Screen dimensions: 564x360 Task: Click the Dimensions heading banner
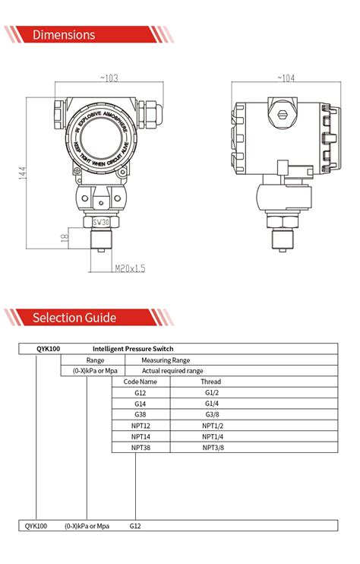click(65, 35)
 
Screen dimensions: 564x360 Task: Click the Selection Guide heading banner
click(74, 317)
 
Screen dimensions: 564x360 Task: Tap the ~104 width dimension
click(286, 78)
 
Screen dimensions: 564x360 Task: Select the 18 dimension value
click(65, 239)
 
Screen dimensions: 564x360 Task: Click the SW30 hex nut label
click(100, 222)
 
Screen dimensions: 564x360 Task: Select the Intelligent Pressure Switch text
click(133, 349)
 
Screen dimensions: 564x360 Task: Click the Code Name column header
click(141, 382)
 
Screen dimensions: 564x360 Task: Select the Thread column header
click(211, 382)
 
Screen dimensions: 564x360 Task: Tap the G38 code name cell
click(141, 415)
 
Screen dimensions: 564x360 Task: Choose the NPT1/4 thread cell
click(213, 437)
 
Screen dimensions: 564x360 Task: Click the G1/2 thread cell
click(212, 393)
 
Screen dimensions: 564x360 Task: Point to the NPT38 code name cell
click(141, 448)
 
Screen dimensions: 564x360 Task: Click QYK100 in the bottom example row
click(36, 525)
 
